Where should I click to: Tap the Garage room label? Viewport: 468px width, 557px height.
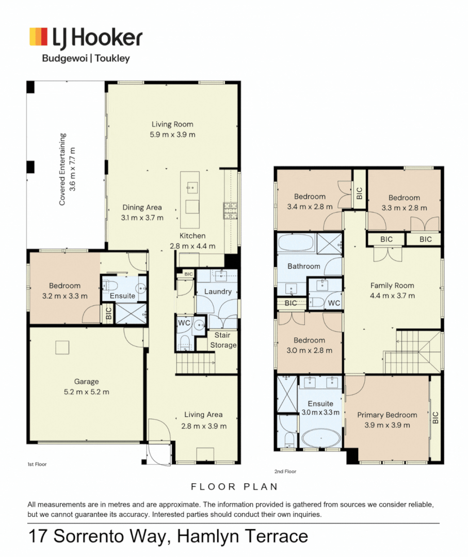pos(86,382)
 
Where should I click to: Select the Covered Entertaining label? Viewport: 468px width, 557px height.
pos(62,169)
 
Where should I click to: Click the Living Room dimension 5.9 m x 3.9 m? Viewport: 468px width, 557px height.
pos(172,135)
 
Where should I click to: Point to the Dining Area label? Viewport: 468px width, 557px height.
pos(142,207)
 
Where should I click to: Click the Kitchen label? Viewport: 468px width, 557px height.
pos(192,236)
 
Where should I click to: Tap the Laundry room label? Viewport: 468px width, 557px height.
pos(218,291)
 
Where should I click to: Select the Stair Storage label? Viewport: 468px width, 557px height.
pos(223,340)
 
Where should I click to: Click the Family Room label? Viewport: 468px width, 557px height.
pos(392,286)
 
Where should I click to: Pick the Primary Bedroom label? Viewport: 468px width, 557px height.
pos(387,415)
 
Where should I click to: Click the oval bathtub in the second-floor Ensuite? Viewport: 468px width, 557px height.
pos(321,438)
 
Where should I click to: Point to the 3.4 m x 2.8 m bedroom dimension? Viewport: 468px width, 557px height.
pos(310,207)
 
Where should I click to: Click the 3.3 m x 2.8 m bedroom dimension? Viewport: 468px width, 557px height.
pos(405,208)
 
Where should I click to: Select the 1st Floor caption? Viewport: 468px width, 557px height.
pos(37,464)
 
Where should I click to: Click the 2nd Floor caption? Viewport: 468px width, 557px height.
pos(285,471)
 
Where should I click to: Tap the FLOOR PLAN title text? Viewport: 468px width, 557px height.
pos(234,487)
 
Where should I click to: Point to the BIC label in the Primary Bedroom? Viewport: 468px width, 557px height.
pos(435,418)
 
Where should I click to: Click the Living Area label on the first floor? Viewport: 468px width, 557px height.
pos(203,415)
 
